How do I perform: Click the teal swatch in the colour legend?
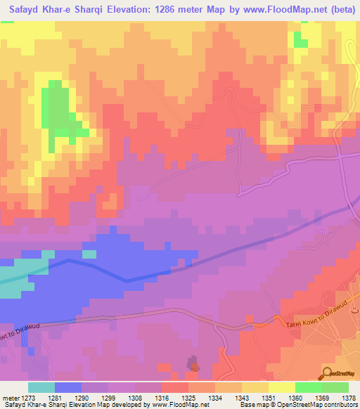[41, 387]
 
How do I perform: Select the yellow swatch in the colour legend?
[281, 387]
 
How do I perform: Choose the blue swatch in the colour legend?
[67, 387]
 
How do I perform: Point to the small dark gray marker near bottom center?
[193, 363]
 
